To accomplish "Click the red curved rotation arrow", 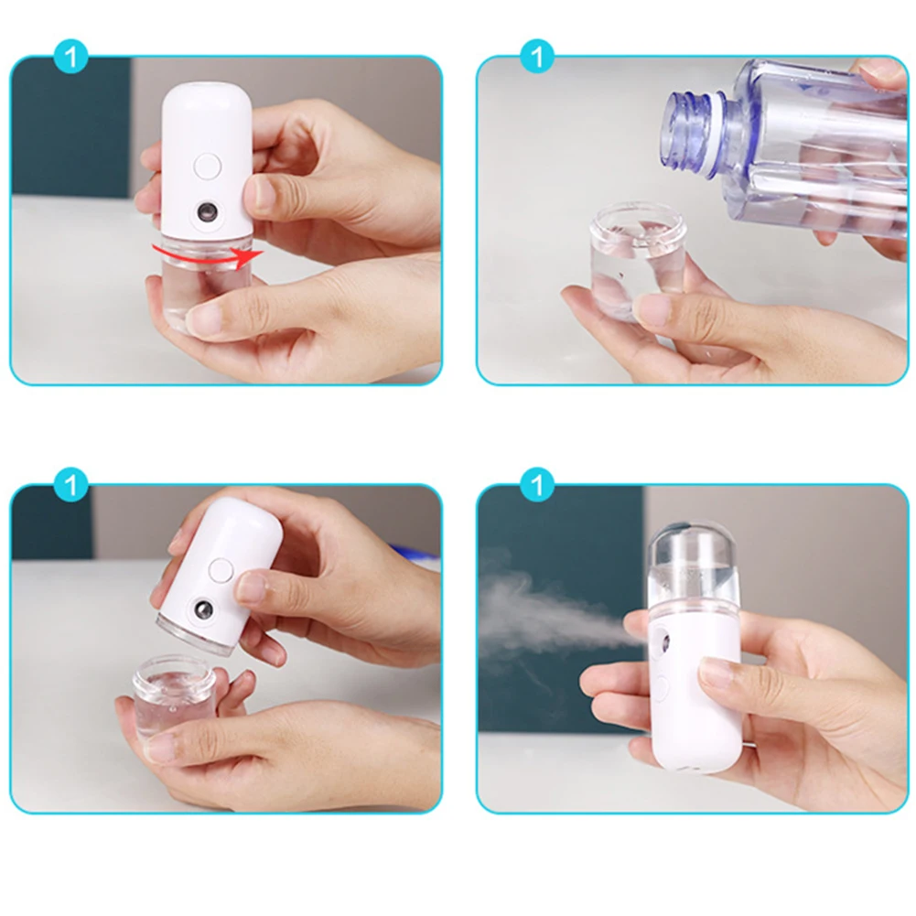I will point(207,252).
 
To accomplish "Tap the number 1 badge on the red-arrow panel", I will point(70,57).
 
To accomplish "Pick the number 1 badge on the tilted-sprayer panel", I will point(70,484).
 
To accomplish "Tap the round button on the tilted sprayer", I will point(220,569).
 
